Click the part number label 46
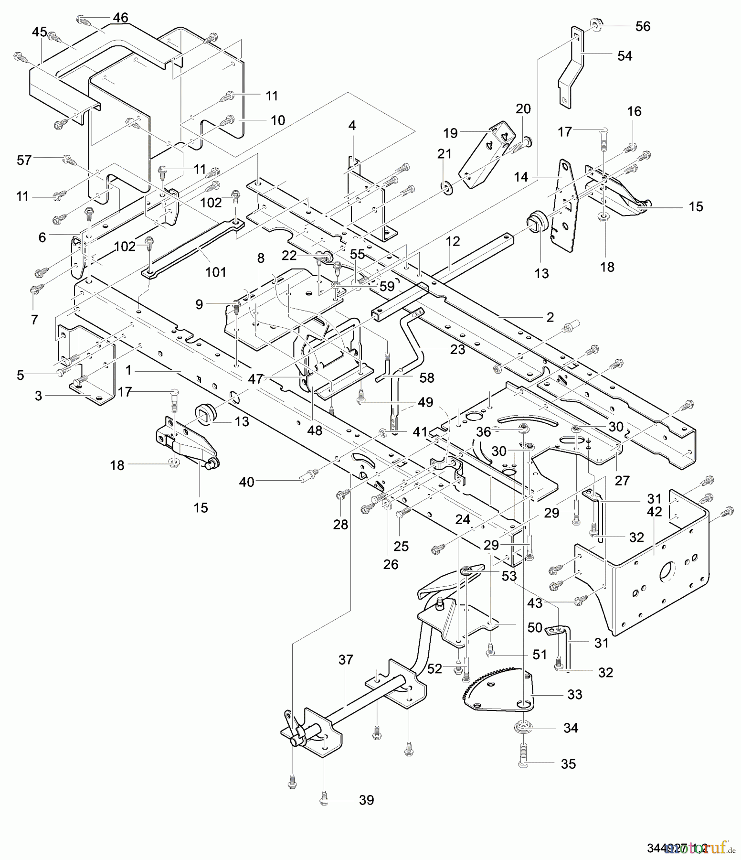click(120, 18)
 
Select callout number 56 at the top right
click(643, 26)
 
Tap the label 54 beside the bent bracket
click(625, 56)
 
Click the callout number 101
click(215, 272)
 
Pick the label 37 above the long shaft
click(345, 660)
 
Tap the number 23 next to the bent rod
click(457, 349)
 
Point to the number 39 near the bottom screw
click(366, 800)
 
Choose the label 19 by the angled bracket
click(450, 132)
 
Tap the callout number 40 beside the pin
click(247, 482)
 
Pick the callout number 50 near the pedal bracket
click(535, 627)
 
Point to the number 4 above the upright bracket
click(352, 126)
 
